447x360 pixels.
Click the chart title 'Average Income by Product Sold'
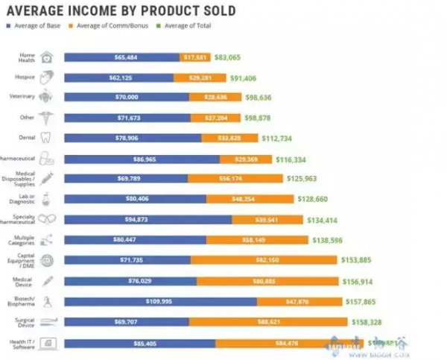point(121,10)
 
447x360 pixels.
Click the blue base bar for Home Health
point(121,57)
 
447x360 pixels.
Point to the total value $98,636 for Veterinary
point(264,98)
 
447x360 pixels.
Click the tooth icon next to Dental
point(45,137)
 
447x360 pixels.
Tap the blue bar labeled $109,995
point(160,301)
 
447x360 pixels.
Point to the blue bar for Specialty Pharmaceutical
point(148,219)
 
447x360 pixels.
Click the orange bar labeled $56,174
point(235,179)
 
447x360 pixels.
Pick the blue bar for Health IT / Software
point(139,343)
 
